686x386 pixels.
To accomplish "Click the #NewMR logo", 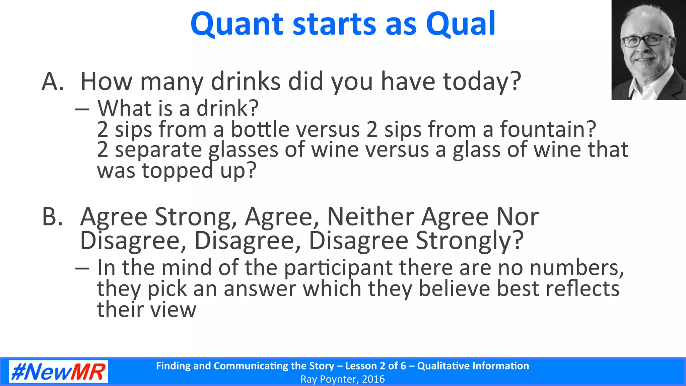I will coord(58,372).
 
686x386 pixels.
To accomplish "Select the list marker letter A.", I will coord(52,81).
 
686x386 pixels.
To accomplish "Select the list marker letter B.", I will coord(52,217).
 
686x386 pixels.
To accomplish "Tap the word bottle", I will coord(260,129).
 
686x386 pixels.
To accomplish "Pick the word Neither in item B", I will coord(370,217).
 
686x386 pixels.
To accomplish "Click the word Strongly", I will coord(469,241).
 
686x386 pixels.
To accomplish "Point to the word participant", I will coord(338,268).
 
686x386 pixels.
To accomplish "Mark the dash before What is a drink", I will coord(82,109).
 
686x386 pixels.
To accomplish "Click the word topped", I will coord(177,171).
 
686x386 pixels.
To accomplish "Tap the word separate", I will coord(158,150).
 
